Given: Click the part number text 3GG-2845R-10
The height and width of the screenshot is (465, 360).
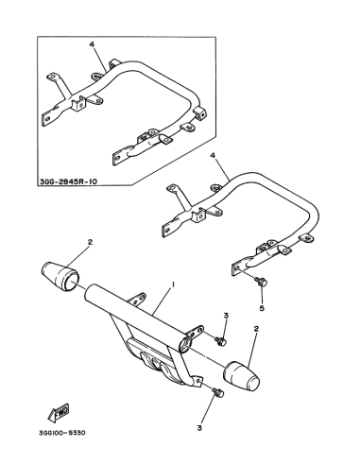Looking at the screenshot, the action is pyautogui.click(x=69, y=181).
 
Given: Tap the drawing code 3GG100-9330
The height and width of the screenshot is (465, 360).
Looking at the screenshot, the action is pyautogui.click(x=62, y=433).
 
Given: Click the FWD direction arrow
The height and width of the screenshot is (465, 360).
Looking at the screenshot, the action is pyautogui.click(x=59, y=413).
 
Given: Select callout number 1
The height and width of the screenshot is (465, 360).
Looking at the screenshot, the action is pyautogui.click(x=173, y=284).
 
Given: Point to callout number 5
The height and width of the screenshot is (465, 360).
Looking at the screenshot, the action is pyautogui.click(x=262, y=308).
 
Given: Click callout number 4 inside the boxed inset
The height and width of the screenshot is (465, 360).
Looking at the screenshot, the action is pyautogui.click(x=92, y=44).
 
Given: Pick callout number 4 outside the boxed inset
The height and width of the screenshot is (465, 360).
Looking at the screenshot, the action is pyautogui.click(x=213, y=156).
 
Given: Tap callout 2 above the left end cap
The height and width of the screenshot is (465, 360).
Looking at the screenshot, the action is pyautogui.click(x=90, y=242).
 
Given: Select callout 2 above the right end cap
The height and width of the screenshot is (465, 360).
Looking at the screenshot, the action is pyautogui.click(x=256, y=329).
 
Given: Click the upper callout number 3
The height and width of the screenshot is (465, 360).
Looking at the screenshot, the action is pyautogui.click(x=226, y=316).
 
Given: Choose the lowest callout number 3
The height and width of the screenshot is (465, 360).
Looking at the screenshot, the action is pyautogui.click(x=199, y=428).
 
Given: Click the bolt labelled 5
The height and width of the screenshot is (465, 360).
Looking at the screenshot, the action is pyautogui.click(x=262, y=281).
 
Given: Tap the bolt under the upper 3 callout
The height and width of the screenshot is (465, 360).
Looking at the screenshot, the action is pyautogui.click(x=220, y=341).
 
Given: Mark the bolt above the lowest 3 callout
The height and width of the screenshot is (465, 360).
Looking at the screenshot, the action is pyautogui.click(x=218, y=392).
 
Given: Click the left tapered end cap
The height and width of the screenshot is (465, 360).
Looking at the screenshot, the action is pyautogui.click(x=60, y=276).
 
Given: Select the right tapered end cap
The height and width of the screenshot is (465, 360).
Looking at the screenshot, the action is pyautogui.click(x=241, y=376).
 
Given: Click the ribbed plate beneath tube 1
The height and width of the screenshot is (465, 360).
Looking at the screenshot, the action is pyautogui.click(x=152, y=359).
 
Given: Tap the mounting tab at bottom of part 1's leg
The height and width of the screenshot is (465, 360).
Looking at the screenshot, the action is pyautogui.click(x=197, y=382).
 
